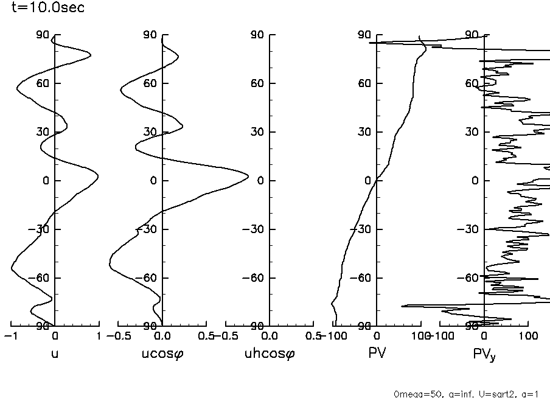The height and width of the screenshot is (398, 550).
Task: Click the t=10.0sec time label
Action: (48, 8)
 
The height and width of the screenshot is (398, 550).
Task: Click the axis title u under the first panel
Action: (55, 354)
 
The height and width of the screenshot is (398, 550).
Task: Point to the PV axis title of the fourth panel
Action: (377, 353)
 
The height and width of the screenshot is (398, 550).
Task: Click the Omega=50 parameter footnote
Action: (466, 393)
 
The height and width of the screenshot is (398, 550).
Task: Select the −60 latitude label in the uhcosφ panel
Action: (254, 278)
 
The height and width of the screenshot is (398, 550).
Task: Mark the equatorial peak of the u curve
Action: (98, 176)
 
